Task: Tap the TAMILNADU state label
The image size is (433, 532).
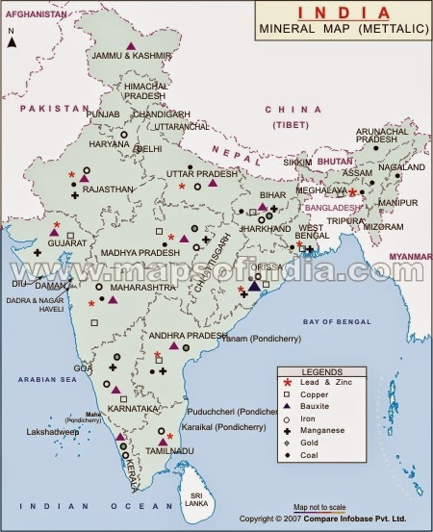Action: [x=166, y=450]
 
